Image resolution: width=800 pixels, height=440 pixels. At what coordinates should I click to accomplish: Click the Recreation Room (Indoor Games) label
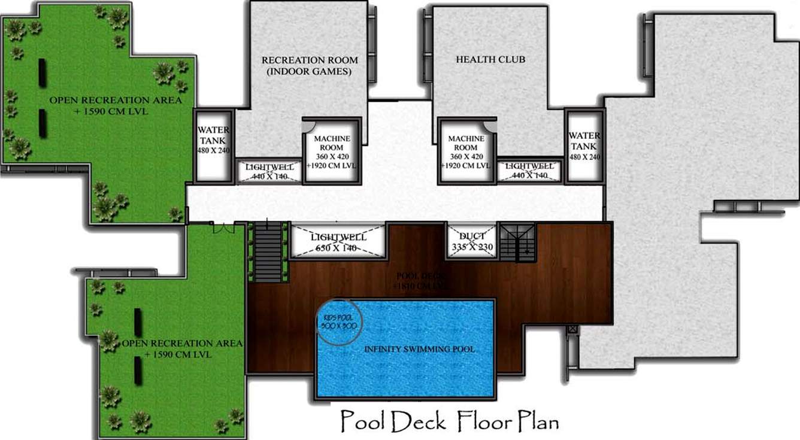[x=310, y=65]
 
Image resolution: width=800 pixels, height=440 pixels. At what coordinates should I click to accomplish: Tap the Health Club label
[x=490, y=59]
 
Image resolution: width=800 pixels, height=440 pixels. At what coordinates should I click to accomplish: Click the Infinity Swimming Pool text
[x=420, y=349]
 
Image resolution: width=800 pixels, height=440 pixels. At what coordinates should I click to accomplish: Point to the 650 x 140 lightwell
[x=338, y=242]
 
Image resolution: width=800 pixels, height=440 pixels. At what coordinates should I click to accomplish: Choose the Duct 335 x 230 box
[x=472, y=241]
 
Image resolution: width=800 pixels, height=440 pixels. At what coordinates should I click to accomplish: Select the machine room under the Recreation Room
[x=331, y=151]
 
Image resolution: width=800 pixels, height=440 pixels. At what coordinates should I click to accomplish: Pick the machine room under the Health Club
[x=466, y=151]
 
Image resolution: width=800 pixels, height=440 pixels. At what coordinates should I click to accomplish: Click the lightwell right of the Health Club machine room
[x=529, y=171]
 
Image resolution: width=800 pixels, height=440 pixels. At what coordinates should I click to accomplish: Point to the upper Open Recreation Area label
[x=115, y=105]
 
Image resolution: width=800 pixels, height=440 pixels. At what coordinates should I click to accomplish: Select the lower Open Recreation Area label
[x=181, y=348]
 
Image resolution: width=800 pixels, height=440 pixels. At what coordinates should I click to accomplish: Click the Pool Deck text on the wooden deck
[x=420, y=281]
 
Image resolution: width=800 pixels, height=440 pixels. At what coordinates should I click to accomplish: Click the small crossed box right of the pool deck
[x=572, y=329]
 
